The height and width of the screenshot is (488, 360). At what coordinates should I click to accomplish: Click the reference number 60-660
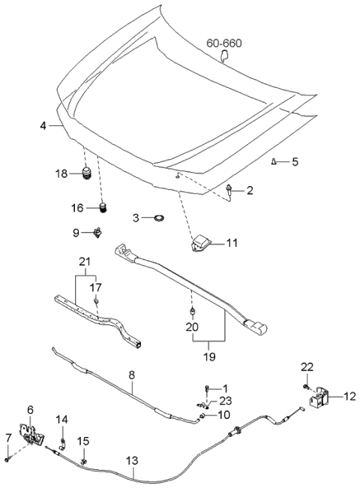[x=224, y=44]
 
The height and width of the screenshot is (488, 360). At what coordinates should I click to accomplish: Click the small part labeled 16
[x=103, y=207]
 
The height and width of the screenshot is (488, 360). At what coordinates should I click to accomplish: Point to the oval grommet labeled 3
[x=158, y=218]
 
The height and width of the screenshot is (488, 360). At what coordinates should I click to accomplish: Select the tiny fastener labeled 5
[x=275, y=161]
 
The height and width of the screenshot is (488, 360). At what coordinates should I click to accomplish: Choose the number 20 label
[x=192, y=327]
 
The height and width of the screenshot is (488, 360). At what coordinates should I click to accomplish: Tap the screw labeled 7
[x=6, y=457]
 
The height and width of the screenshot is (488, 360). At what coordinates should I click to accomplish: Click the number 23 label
[x=226, y=400]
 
